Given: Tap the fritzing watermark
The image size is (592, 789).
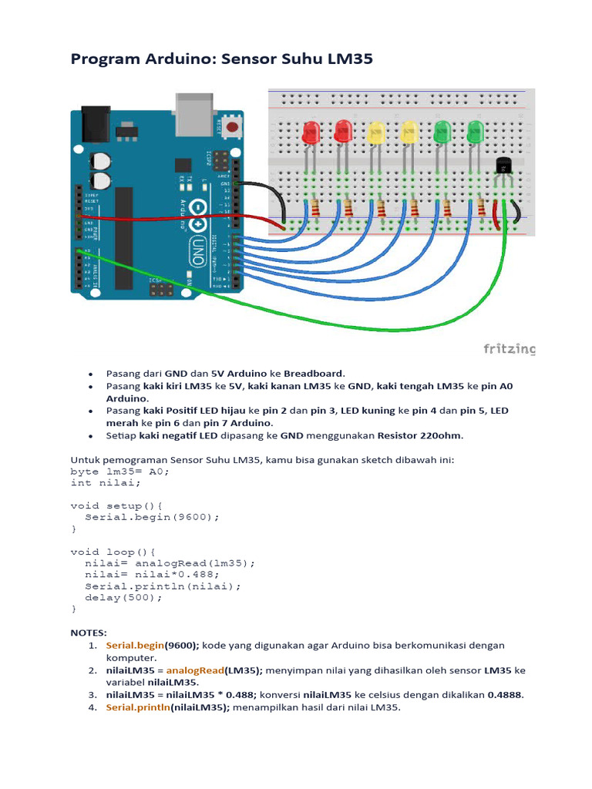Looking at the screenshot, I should (x=509, y=349).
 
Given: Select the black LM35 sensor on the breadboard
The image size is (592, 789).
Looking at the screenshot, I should (x=503, y=166).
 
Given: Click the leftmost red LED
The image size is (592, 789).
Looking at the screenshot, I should (x=311, y=132).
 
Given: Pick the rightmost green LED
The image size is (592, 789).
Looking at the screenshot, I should (x=476, y=132).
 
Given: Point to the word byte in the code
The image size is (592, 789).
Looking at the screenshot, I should (x=85, y=471).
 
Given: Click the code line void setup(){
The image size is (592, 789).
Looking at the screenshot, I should (x=113, y=505).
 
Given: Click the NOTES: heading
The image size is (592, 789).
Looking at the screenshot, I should (x=89, y=632).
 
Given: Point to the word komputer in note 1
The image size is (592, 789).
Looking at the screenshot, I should (x=129, y=657).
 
